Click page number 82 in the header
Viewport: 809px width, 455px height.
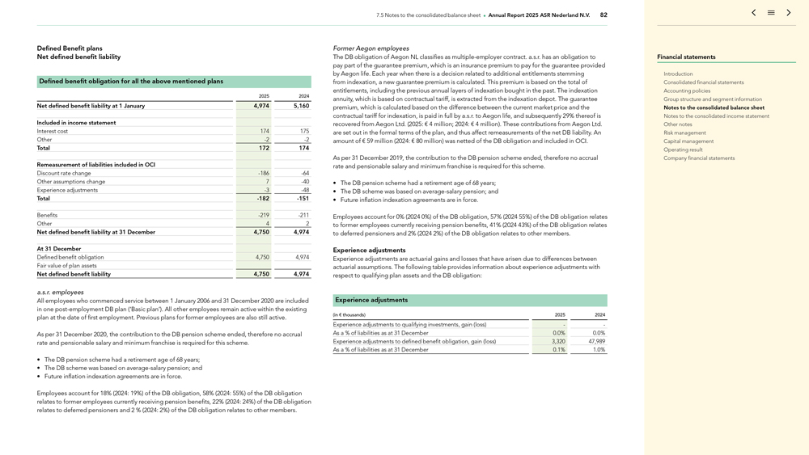[604, 15]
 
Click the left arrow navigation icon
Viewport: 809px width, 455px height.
[754, 13]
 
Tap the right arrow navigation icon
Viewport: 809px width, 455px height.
[789, 13]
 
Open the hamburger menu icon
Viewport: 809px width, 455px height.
[771, 13]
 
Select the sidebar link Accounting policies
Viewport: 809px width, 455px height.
[687, 91]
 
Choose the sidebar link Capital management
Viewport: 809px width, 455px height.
[688, 141]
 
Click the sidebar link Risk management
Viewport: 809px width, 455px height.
[684, 133]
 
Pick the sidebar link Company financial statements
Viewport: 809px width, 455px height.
[699, 158]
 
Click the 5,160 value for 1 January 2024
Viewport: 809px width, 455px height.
[301, 106]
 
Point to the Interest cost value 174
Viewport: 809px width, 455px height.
[265, 131]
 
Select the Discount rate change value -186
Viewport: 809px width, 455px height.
[264, 173]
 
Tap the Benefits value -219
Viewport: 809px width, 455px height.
[264, 215]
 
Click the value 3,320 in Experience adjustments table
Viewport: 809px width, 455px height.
[557, 342]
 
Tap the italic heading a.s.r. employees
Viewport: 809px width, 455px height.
[61, 293]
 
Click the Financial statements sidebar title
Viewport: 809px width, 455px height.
[686, 57]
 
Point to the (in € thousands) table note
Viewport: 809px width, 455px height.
[349, 315]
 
